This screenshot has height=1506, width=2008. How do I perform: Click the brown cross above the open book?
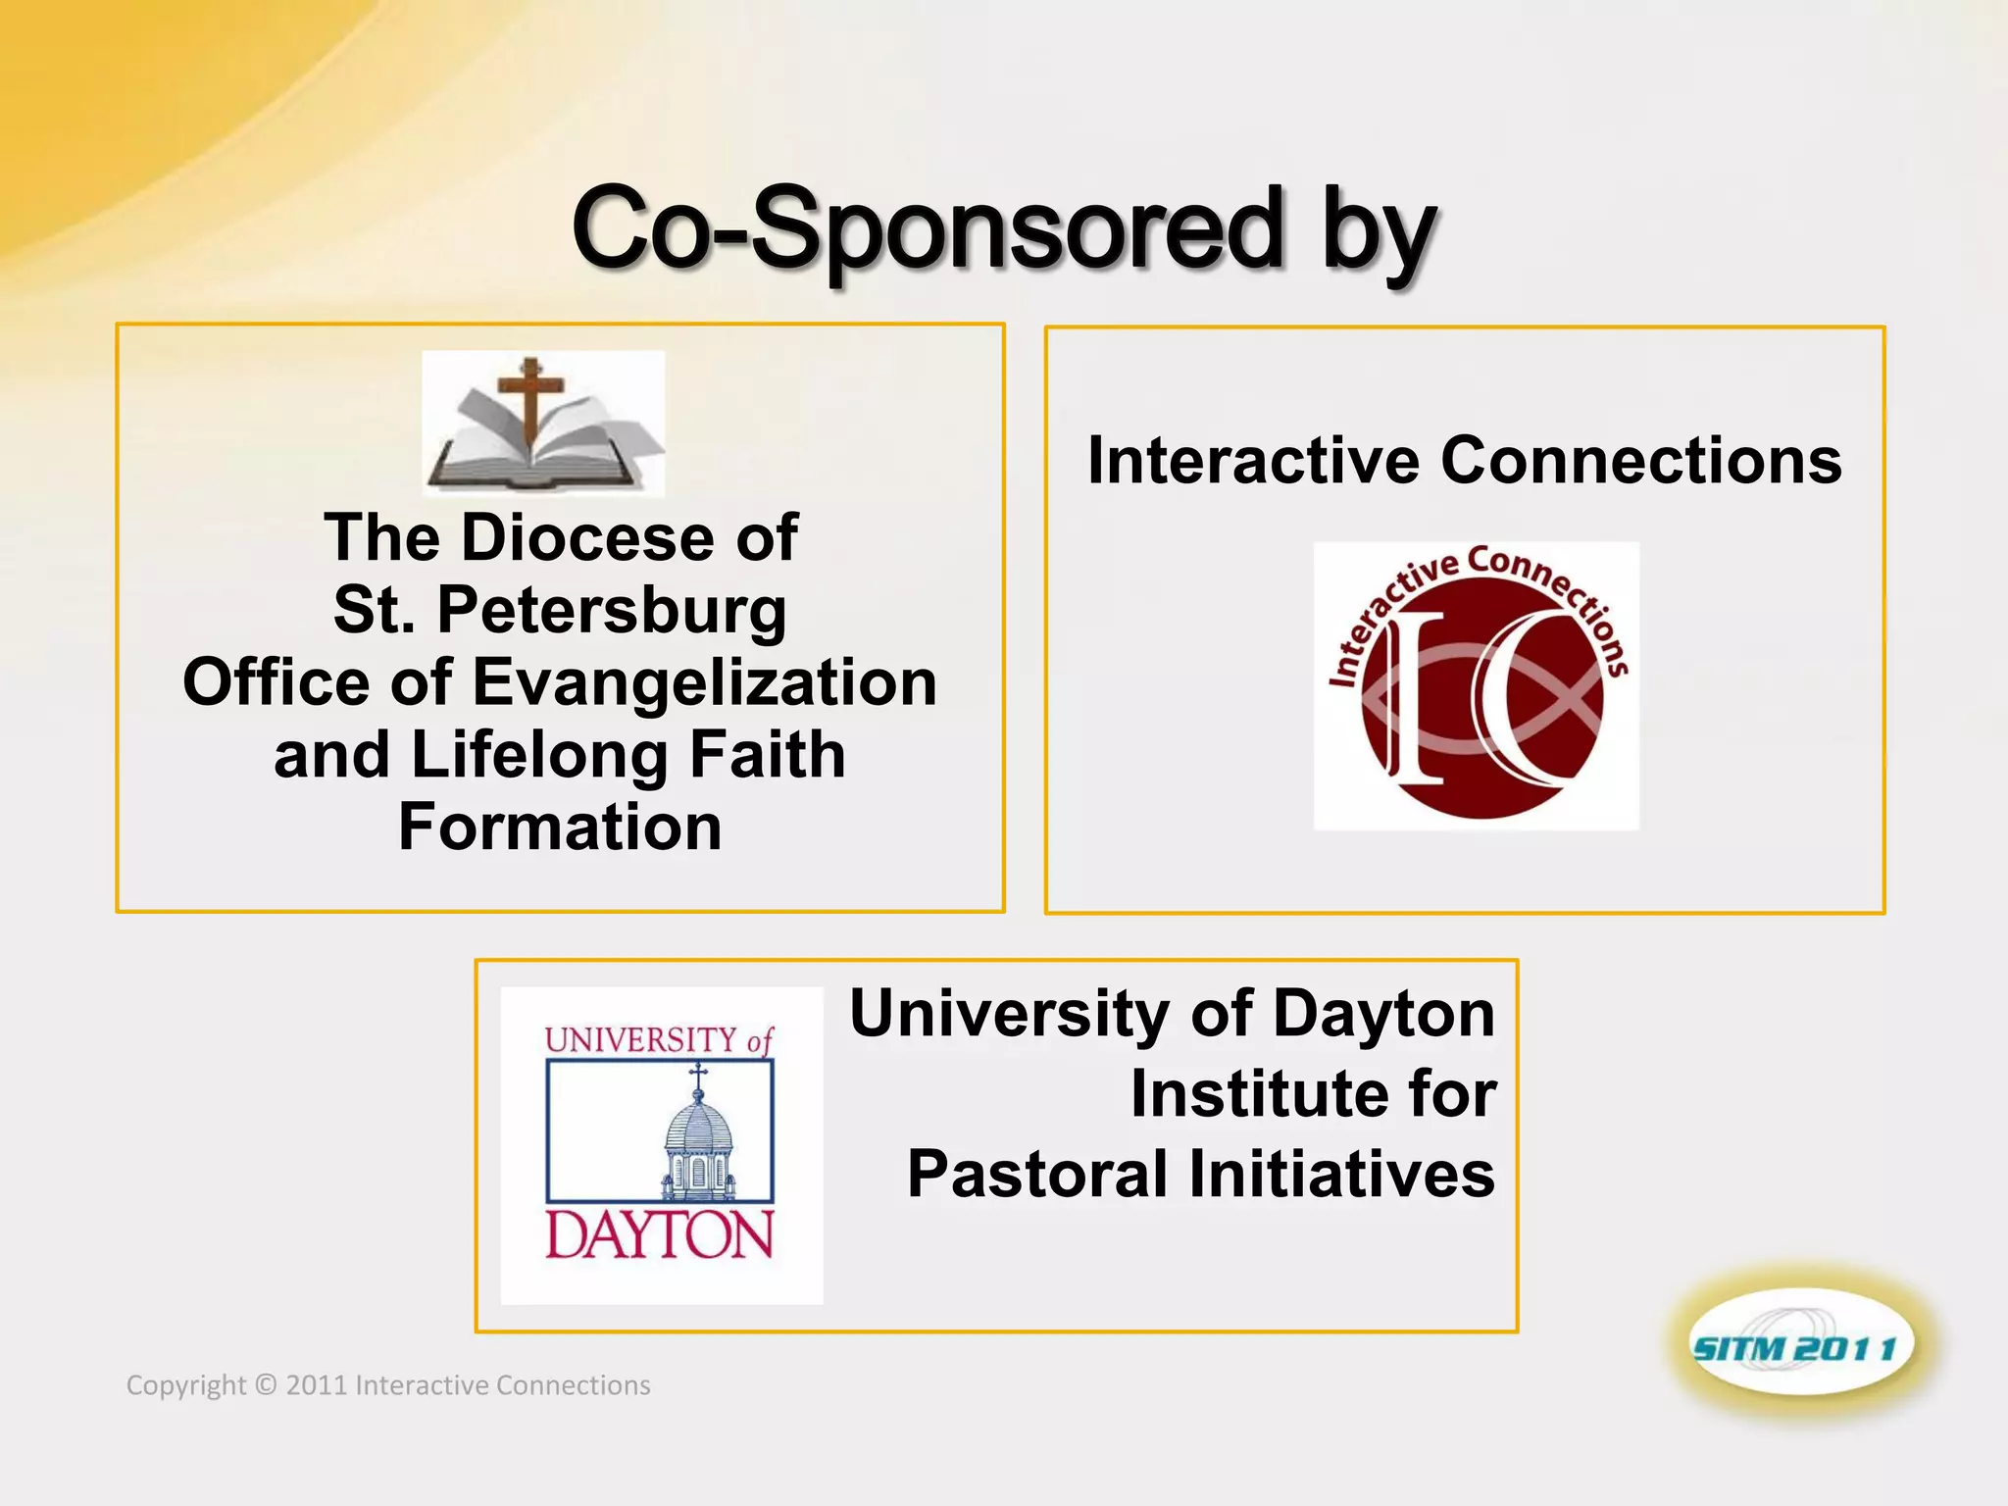[530, 397]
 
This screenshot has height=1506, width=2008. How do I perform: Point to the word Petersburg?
[611, 611]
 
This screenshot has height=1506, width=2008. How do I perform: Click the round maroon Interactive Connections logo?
[1477, 686]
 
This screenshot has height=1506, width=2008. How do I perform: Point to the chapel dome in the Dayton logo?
[698, 1128]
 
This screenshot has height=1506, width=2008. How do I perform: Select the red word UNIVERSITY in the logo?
[640, 1039]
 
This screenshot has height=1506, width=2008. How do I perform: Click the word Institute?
[1256, 1093]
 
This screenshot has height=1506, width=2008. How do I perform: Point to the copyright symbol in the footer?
[266, 1385]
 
